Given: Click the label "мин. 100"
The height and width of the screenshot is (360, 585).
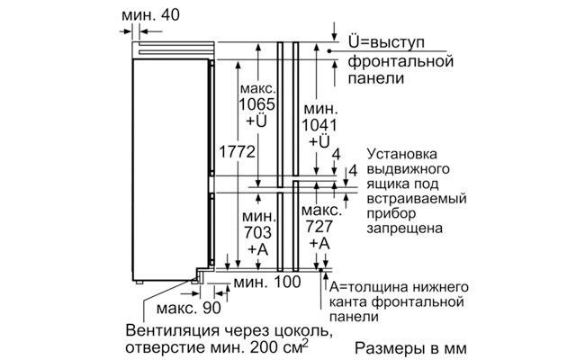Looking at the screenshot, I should click(x=267, y=283).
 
